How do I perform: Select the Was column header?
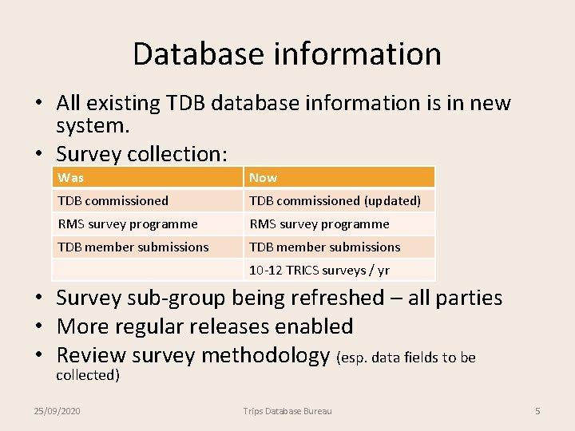tap(71, 177)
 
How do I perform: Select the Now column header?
tap(263, 177)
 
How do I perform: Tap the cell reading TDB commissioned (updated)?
tap(335, 200)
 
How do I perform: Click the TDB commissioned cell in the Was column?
tap(113, 200)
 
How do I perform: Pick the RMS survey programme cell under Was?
tap(128, 223)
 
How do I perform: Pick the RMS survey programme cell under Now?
tap(319, 223)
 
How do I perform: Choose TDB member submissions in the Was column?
tap(133, 247)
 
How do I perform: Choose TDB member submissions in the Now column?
tap(324, 247)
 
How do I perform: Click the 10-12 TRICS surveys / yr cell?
tap(319, 270)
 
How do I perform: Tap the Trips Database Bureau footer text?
tap(287, 410)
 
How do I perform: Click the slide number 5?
tap(537, 410)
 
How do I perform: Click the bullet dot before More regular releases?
tap(38, 326)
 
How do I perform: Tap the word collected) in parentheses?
tap(88, 375)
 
